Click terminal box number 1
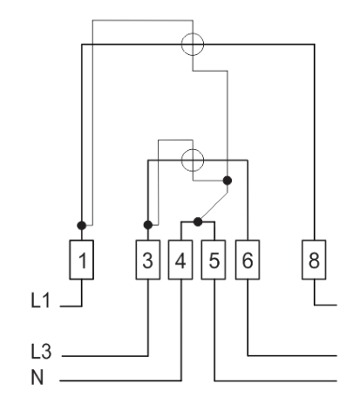click(x=81, y=260)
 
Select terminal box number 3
click(x=148, y=260)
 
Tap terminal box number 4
click(x=180, y=260)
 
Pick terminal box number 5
click(x=214, y=260)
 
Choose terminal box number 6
click(x=248, y=260)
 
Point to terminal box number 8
click(x=314, y=260)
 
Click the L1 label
click(x=40, y=300)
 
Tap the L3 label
click(x=41, y=351)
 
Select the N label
click(x=37, y=377)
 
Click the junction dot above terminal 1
click(x=82, y=225)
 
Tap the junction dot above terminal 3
click(x=148, y=225)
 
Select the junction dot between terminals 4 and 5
click(x=198, y=222)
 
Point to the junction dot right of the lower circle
click(x=228, y=181)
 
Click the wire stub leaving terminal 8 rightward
click(x=325, y=305)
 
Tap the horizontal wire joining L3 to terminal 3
click(x=105, y=356)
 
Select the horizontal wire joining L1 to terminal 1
click(x=71, y=306)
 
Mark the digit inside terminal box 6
click(x=248, y=260)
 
